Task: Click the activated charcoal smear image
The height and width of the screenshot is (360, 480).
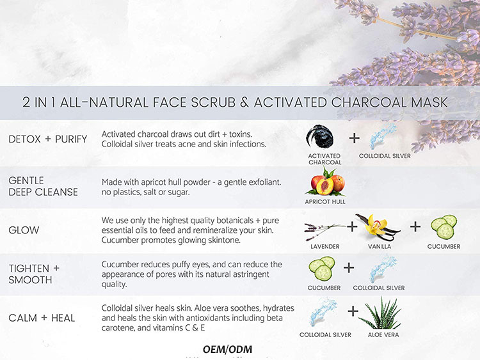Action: pos(320,137)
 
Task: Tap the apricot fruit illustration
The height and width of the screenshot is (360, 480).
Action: pos(326,182)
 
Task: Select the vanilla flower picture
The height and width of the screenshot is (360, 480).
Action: pos(378,228)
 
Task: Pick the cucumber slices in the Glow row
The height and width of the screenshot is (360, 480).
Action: pos(444,226)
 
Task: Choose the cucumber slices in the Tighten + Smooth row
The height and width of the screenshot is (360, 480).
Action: pos(322,269)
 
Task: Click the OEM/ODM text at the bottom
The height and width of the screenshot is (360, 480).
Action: pos(227,349)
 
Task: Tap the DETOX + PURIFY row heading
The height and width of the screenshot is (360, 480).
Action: pos(48,139)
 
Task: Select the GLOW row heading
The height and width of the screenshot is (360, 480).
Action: pos(24,230)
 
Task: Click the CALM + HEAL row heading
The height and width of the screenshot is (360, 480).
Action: pos(42,318)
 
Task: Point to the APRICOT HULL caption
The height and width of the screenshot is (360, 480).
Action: pos(325,202)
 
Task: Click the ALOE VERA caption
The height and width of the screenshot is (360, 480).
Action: pos(383,335)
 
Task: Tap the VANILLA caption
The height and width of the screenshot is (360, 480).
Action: pos(380,247)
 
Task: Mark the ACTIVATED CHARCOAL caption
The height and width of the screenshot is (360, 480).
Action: pos(324,159)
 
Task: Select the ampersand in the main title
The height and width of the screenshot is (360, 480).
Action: pos(244,102)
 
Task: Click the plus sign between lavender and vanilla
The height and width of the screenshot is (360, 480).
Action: pos(353,226)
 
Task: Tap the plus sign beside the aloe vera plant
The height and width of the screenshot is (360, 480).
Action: pos(353,311)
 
